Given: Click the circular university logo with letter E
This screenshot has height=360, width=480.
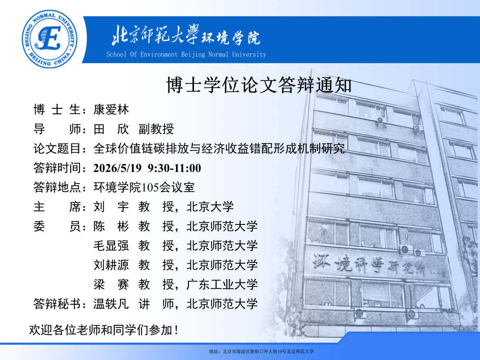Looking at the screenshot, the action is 50,39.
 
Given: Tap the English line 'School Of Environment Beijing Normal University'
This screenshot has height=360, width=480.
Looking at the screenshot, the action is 186,54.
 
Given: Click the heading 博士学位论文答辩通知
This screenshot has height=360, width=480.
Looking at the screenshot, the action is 259,85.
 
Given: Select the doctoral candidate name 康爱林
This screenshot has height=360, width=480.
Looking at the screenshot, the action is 111,110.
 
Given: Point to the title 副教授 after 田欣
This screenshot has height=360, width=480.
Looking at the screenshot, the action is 156,129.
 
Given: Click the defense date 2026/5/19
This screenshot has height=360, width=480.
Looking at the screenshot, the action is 118,168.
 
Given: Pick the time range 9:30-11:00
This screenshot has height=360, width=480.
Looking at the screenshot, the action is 174,168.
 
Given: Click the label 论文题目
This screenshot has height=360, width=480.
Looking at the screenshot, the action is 57,149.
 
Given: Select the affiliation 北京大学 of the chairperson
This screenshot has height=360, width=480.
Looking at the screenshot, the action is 210,207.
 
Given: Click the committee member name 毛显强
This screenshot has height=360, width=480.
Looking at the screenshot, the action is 111,246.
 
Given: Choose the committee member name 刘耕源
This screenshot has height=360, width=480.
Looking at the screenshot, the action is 111,265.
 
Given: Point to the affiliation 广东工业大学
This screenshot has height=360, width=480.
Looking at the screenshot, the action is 222,284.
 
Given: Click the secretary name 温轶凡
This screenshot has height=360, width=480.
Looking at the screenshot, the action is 111,304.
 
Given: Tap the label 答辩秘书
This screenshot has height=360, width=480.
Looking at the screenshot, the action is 57,304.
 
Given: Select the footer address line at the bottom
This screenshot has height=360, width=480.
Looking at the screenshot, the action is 261,352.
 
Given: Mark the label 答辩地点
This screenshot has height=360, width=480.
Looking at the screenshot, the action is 57,188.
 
